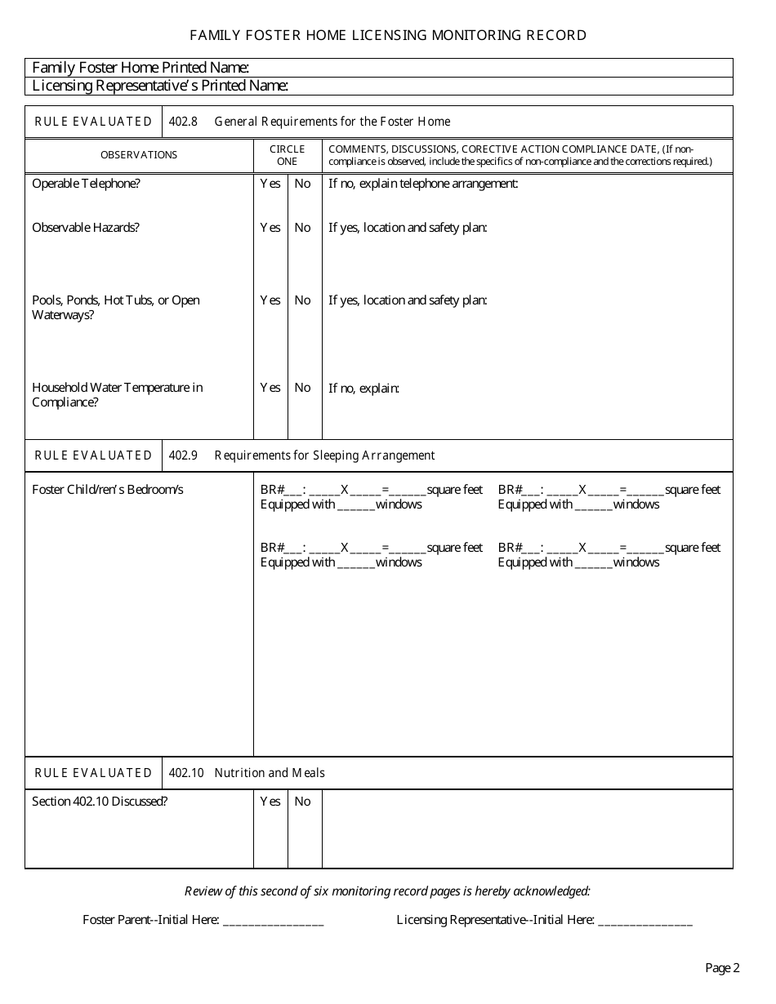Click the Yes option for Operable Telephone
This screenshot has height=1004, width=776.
[x=270, y=184]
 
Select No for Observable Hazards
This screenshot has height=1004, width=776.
[x=303, y=228]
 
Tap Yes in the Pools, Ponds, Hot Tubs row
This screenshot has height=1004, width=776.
[x=270, y=300]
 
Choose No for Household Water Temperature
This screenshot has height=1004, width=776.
[x=303, y=388]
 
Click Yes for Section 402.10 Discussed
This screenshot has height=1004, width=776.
[x=270, y=802]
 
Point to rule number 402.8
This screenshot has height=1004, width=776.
[x=183, y=122]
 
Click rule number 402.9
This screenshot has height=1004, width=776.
[x=183, y=455]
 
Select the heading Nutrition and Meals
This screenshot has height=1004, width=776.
[x=270, y=773]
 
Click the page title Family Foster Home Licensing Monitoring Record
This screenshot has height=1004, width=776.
[x=388, y=35]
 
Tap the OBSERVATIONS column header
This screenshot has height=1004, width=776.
[x=139, y=155]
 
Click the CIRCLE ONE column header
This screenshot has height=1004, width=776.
[x=288, y=155]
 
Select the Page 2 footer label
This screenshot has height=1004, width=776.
[x=722, y=968]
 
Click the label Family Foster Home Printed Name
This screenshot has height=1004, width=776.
[x=140, y=67]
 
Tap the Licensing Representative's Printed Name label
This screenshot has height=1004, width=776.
[x=160, y=86]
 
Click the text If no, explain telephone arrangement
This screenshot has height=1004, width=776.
[x=423, y=184]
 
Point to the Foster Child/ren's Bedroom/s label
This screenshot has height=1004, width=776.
[x=108, y=490]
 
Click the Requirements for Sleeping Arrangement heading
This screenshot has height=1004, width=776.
[x=324, y=455]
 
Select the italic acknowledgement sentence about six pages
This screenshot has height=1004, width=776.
[x=387, y=891]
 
